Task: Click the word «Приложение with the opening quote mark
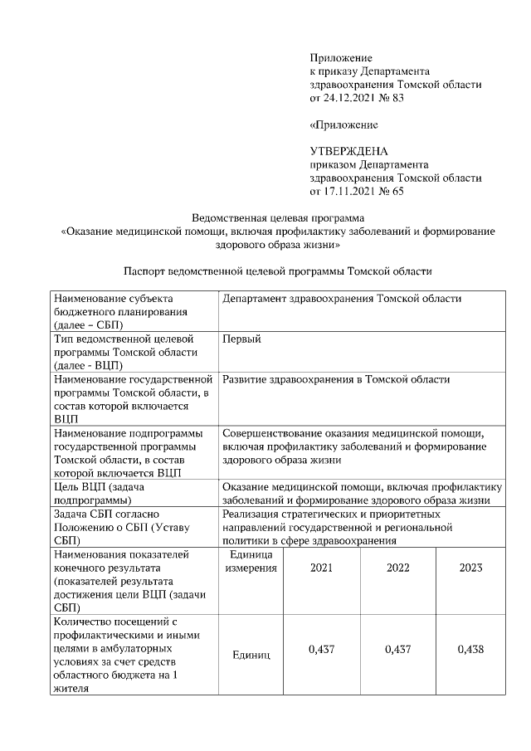(x=343, y=124)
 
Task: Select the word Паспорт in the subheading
(x=146, y=271)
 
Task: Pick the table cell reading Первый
(x=241, y=339)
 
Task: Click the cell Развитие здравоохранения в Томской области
(x=336, y=379)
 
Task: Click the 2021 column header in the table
(x=321, y=568)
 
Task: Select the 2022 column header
(x=398, y=568)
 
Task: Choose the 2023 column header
(x=470, y=568)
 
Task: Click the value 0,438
(x=470, y=649)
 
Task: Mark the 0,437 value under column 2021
(x=321, y=649)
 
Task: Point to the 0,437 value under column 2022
(x=398, y=649)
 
